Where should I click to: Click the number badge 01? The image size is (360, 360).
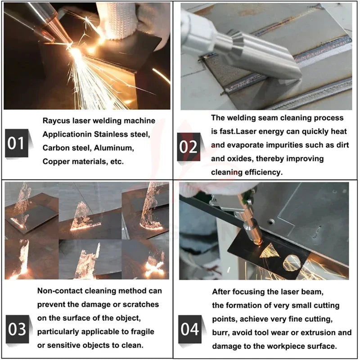coord(17,143)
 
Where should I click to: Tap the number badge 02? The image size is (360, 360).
coord(189,147)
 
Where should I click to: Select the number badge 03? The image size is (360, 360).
coord(18,329)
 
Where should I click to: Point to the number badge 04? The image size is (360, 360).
coord(190,329)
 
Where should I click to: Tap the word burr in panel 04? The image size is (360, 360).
coord(220,333)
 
